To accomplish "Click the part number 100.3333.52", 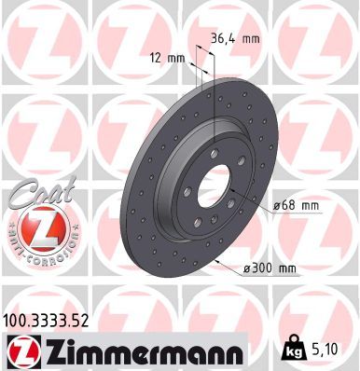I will [x=48, y=319].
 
